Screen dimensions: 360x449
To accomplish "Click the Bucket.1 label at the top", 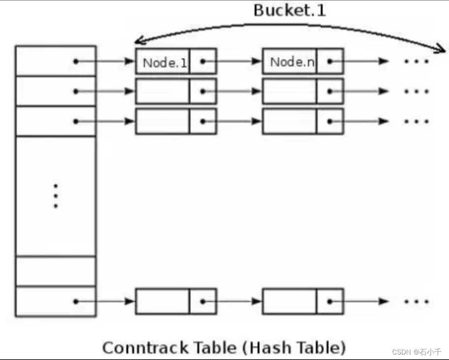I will click(x=290, y=11).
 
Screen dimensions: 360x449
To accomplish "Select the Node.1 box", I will click(x=163, y=62).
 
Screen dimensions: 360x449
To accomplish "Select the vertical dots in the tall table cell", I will click(x=55, y=196).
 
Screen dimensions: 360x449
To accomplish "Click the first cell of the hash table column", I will click(x=55, y=61).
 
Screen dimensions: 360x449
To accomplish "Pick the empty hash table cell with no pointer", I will click(x=55, y=271).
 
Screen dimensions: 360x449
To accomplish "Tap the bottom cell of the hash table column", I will click(x=55, y=301).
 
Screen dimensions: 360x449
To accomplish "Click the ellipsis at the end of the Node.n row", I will click(x=416, y=62).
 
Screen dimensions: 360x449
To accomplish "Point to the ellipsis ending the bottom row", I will click(x=416, y=301).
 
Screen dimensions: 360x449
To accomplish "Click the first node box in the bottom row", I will click(x=163, y=301).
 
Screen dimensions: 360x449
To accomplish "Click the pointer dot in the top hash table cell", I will click(x=75, y=62).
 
